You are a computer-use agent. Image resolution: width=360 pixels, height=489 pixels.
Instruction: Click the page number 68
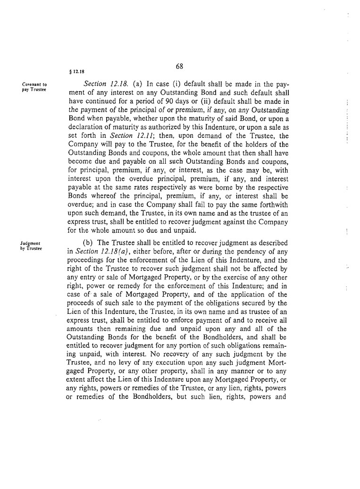click(x=179, y=67)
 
